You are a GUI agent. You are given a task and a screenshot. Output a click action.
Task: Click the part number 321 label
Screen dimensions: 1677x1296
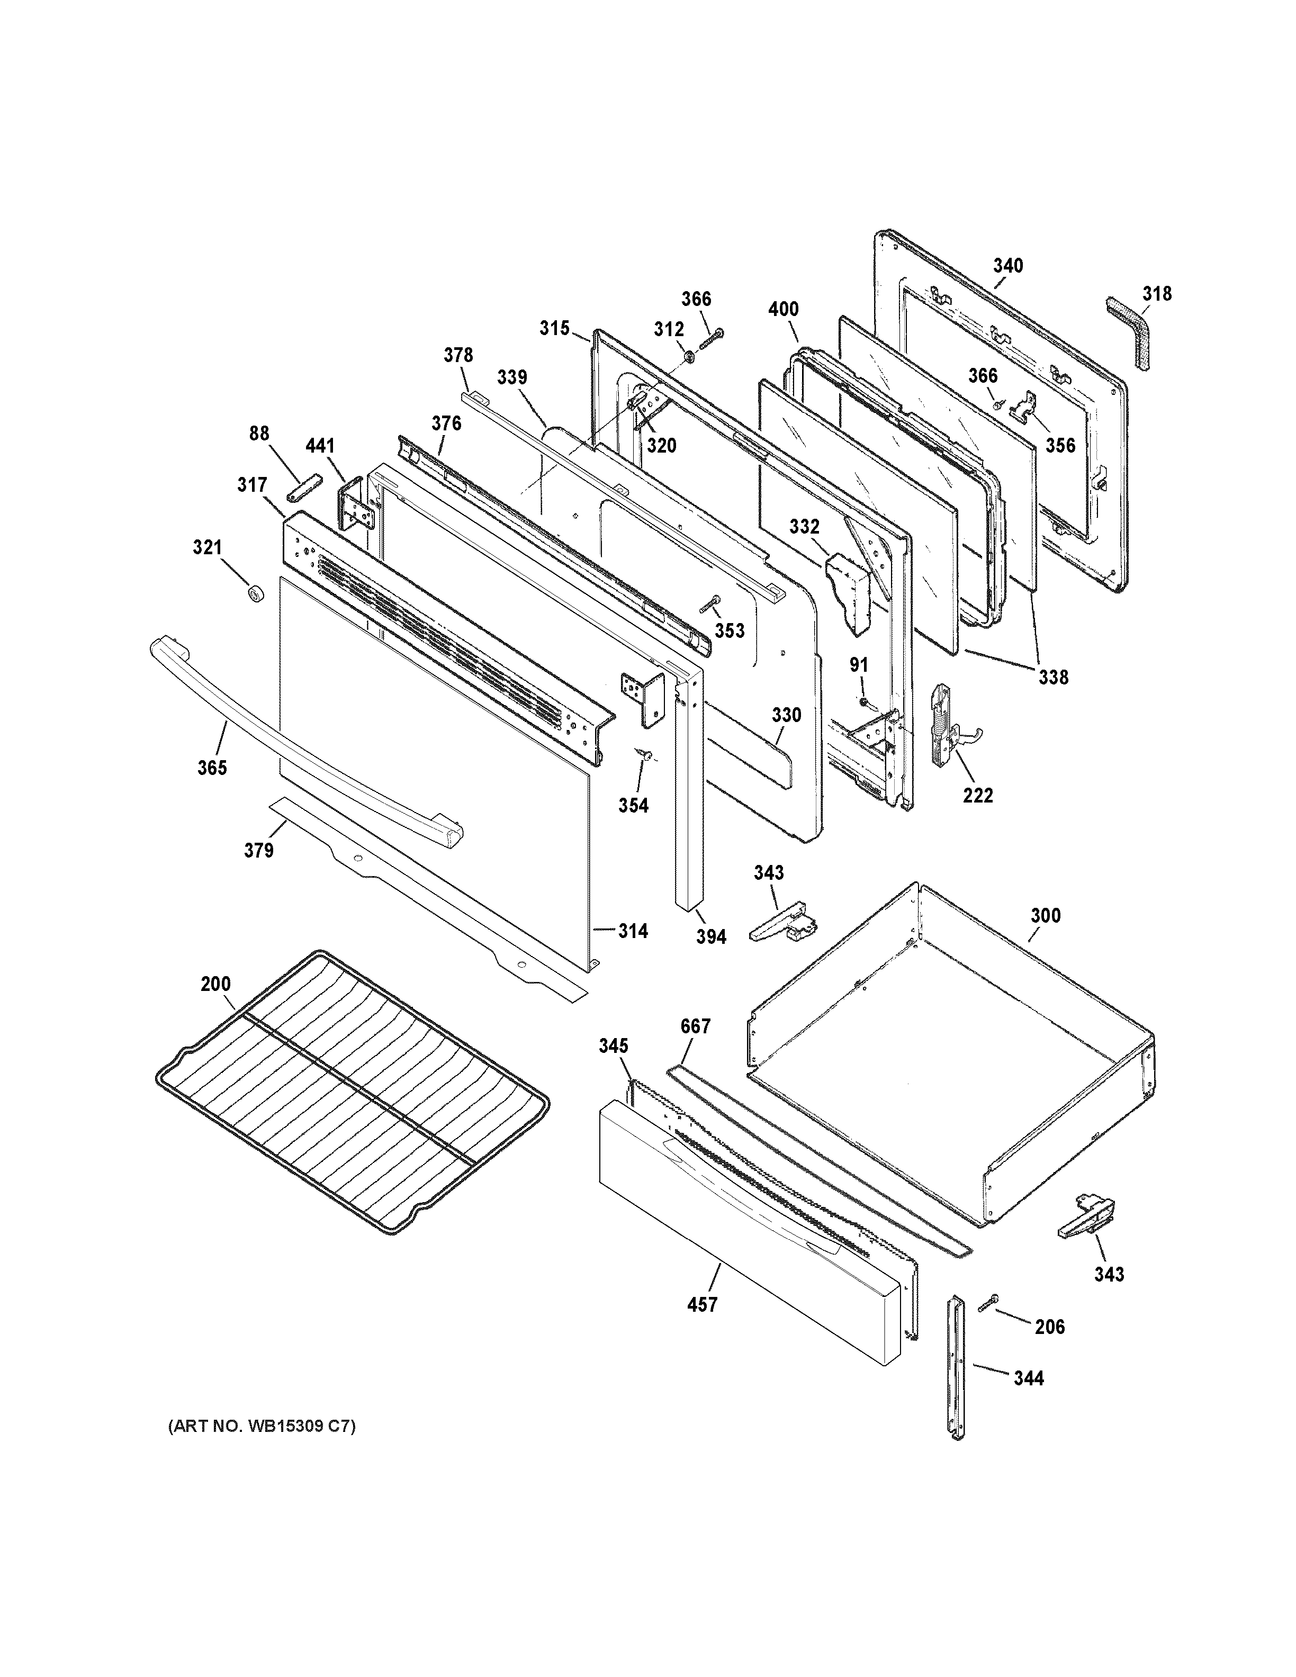[x=208, y=547]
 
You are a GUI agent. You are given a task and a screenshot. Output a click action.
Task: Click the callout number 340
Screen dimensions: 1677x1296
[x=1008, y=266]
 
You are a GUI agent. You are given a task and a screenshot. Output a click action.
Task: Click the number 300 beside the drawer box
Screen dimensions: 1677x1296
[x=1046, y=915]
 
